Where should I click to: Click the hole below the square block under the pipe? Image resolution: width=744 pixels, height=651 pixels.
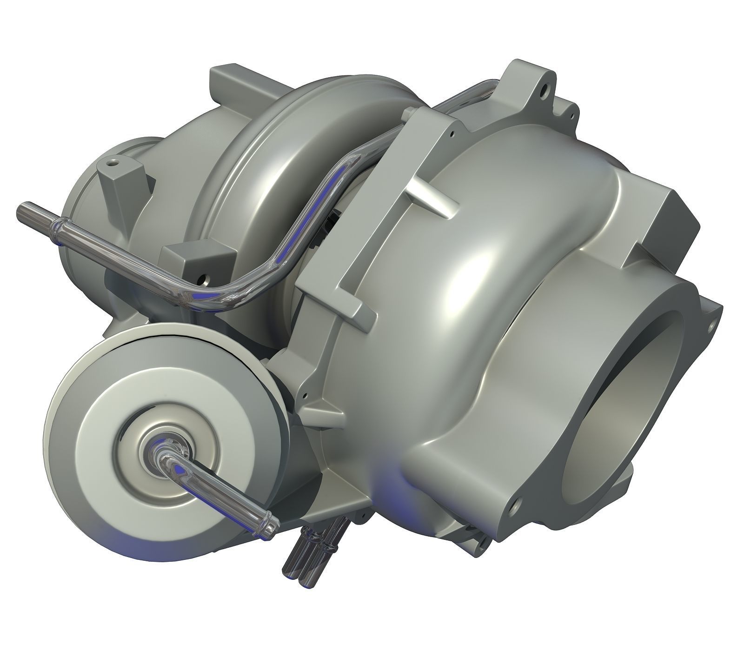click(203, 281)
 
